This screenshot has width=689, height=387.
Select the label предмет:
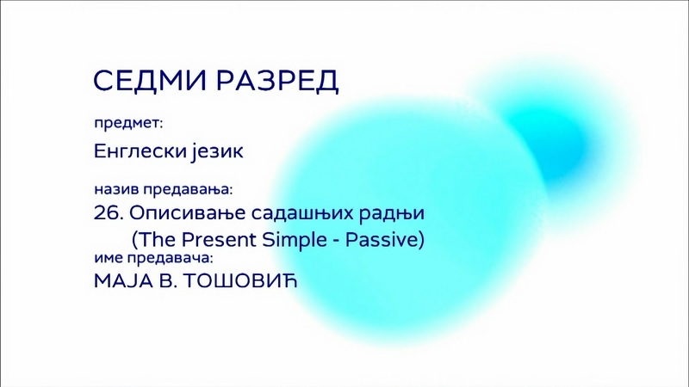point(128,124)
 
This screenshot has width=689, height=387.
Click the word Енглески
point(140,151)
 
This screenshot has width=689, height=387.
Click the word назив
point(116,189)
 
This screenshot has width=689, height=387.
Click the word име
point(109,258)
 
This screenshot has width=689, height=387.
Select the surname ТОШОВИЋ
point(240,281)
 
